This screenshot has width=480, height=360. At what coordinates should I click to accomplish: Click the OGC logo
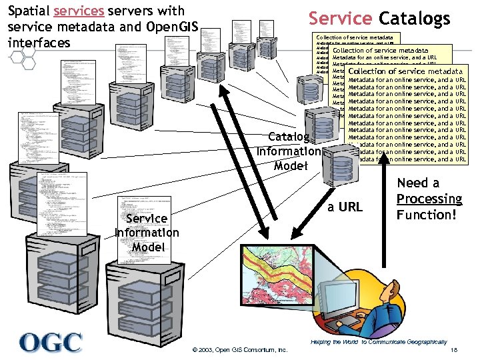click(x=51, y=341)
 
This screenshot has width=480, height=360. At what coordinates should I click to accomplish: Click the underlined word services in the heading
click(x=79, y=11)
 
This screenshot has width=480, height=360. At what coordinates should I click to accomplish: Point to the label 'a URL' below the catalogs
click(x=345, y=207)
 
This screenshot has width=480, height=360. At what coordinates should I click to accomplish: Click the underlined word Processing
click(x=429, y=199)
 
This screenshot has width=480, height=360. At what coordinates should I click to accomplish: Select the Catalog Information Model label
click(x=290, y=151)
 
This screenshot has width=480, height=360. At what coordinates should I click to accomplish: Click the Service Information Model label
click(x=147, y=233)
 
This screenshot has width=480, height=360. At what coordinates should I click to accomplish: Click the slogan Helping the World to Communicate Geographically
click(x=379, y=341)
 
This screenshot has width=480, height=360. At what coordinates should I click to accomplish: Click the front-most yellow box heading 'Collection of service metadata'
click(x=405, y=71)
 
